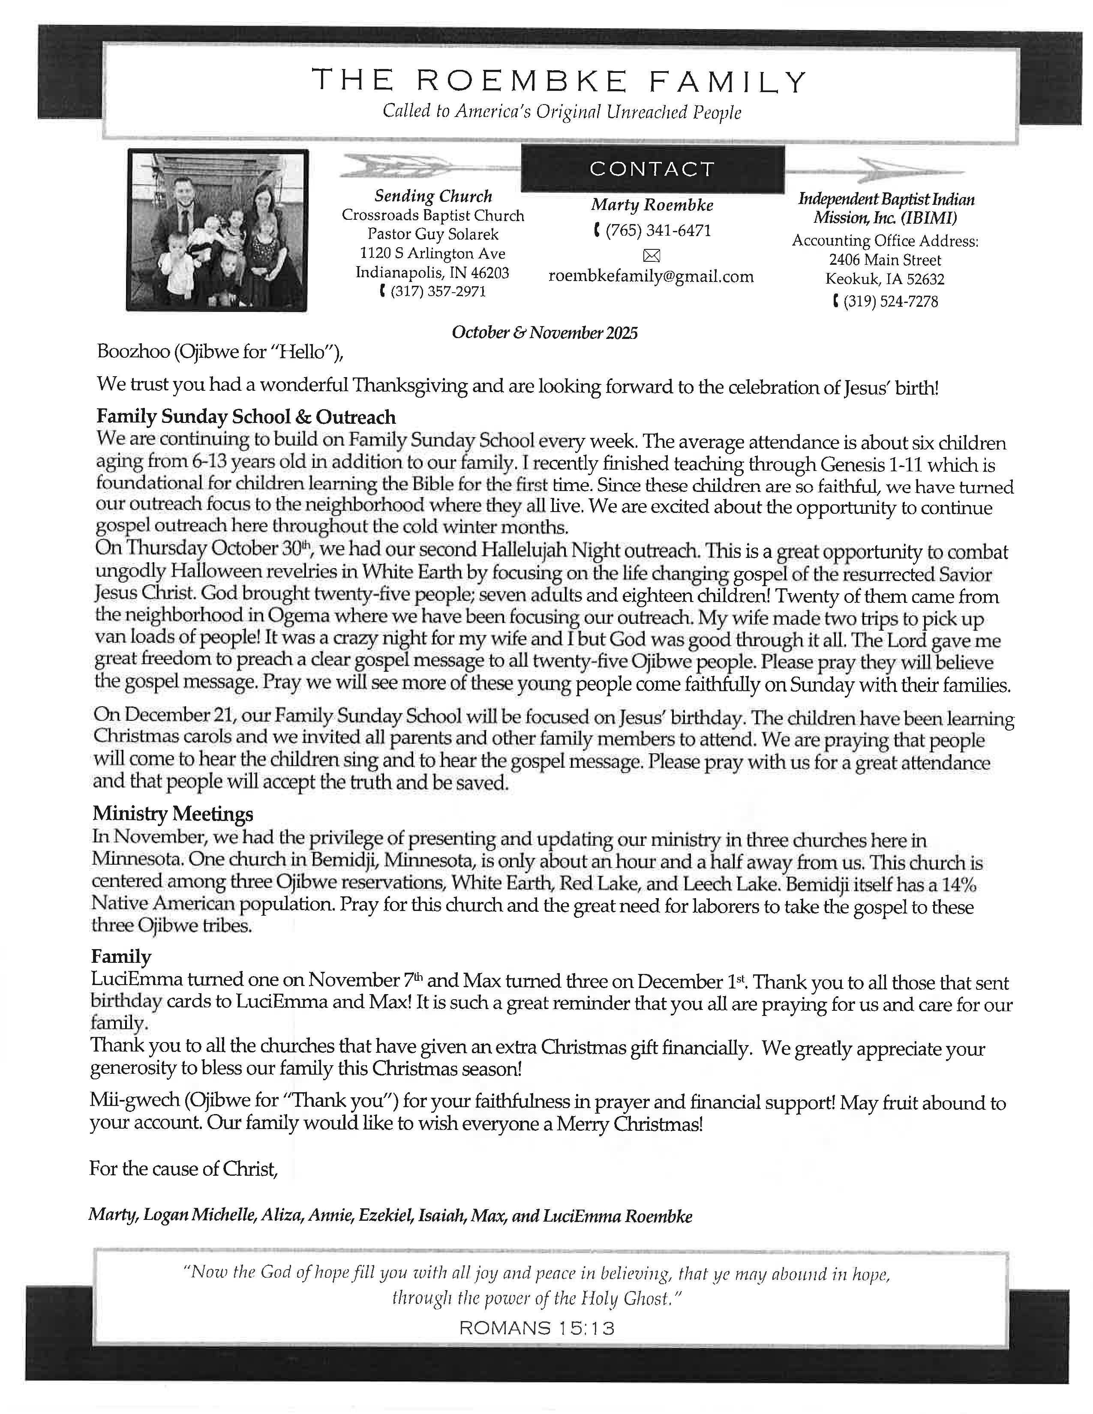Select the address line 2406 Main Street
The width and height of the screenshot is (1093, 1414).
[x=885, y=260]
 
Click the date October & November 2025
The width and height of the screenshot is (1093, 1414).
[x=544, y=333]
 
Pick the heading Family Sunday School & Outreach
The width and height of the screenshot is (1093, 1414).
[x=246, y=417]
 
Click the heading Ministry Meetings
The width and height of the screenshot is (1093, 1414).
[x=173, y=813]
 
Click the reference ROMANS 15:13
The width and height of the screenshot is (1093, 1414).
[x=536, y=1329]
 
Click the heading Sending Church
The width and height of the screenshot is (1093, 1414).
[x=433, y=196]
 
